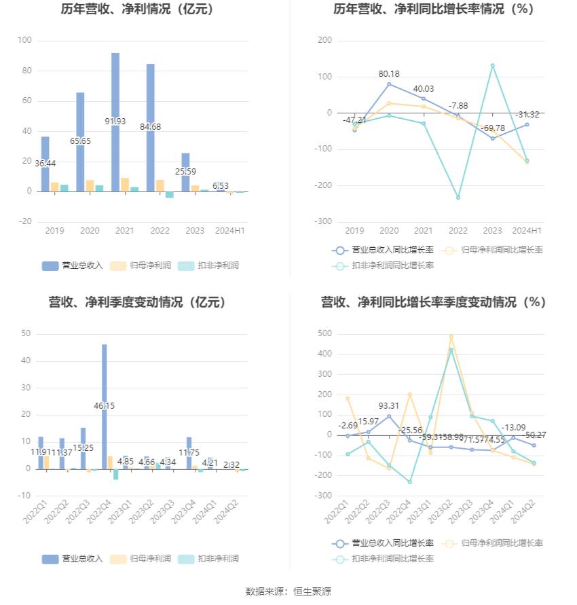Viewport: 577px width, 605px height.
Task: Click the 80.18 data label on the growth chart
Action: click(x=389, y=73)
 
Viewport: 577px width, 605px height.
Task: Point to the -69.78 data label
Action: click(x=493, y=128)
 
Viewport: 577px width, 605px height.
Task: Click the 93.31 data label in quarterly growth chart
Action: click(x=389, y=406)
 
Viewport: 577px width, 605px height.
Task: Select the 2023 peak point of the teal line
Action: click(x=493, y=65)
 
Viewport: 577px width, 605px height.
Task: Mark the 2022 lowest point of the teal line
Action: click(x=458, y=198)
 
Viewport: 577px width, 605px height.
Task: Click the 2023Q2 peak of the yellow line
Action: click(x=451, y=336)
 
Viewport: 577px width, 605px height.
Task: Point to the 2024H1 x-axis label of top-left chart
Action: click(x=230, y=231)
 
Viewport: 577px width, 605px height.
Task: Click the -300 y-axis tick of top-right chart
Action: click(x=324, y=222)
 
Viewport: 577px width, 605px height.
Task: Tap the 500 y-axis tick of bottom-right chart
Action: click(x=324, y=333)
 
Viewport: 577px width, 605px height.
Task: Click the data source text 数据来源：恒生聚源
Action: click(x=288, y=591)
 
